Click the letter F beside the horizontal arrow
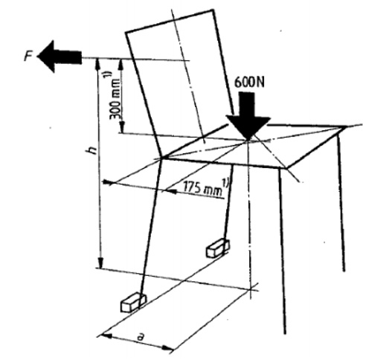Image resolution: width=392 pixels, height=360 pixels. pos(28,57)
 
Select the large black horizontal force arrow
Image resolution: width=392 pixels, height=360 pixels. pos(60,57)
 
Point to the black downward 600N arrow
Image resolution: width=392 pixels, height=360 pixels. pos(248,116)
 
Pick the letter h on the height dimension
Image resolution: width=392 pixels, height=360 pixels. pos(92,150)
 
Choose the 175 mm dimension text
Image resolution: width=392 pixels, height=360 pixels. pos(202,188)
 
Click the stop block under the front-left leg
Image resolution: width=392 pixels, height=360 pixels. pos(133,302)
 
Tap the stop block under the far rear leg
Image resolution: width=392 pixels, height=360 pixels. pos(217,248)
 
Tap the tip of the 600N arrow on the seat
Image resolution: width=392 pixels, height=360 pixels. pos(248,141)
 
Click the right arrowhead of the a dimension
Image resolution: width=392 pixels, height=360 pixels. pos(167,348)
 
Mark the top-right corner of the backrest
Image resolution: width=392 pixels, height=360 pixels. pos(213,10)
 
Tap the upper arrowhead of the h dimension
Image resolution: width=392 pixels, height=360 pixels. pos(98,65)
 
